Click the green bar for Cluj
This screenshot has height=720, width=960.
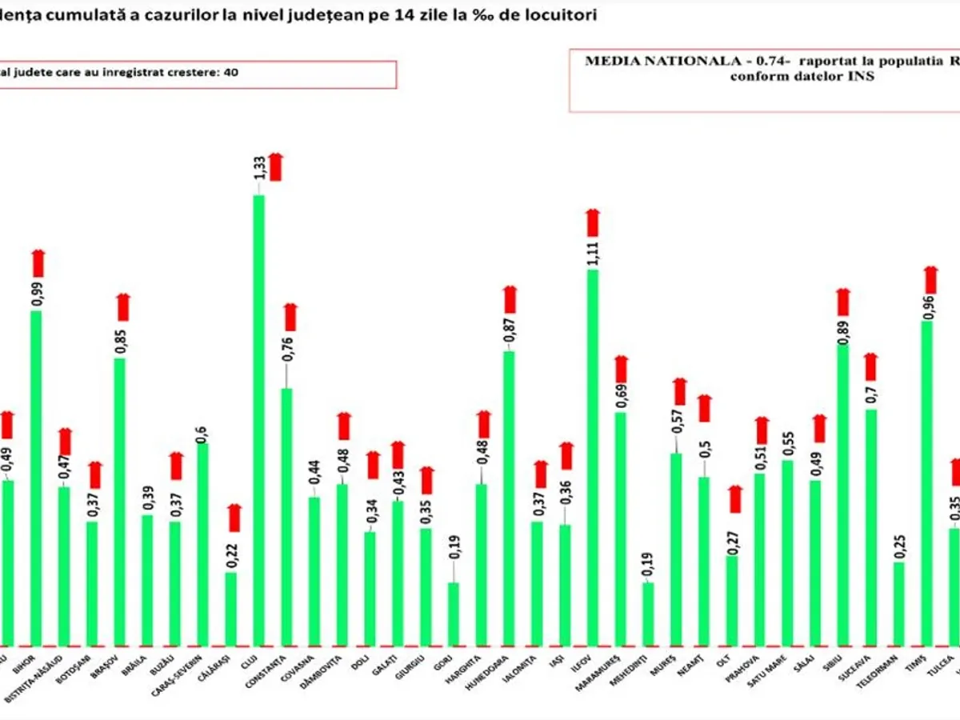click(259, 420)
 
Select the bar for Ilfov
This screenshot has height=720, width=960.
click(593, 456)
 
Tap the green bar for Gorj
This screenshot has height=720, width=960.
click(454, 613)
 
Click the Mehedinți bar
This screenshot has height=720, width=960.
click(648, 613)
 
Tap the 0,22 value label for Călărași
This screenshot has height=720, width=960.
click(231, 557)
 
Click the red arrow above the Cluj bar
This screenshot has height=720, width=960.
click(275, 166)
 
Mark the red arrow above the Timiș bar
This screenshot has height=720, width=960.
click(930, 279)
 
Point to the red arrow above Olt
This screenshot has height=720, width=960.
click(735, 498)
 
